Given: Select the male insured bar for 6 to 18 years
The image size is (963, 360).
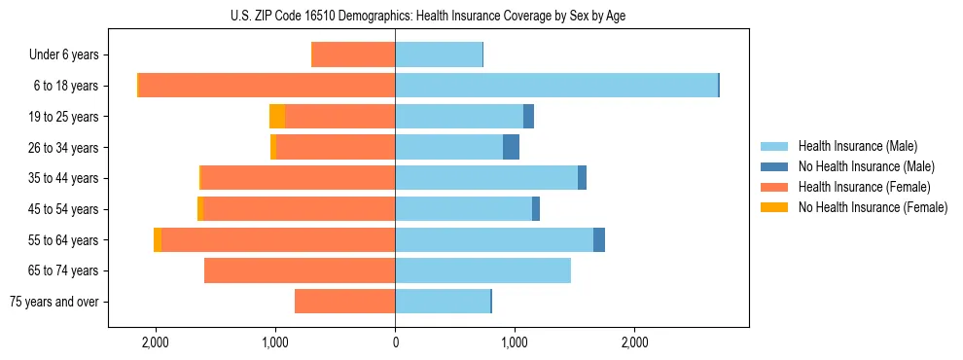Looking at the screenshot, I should tap(556, 86).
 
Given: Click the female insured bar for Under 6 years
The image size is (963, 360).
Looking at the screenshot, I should tap(353, 54).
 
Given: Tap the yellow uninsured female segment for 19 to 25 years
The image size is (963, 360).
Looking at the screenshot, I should tap(277, 117).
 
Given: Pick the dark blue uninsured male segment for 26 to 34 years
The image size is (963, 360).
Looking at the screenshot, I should tap(511, 147).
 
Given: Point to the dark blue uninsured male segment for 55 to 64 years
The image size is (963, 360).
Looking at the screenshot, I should tap(599, 239).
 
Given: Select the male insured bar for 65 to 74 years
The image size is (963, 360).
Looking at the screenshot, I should tap(482, 270).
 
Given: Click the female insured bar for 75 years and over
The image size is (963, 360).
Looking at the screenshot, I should tap(344, 302).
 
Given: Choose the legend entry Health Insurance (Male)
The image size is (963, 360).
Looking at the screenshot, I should tap(857, 146).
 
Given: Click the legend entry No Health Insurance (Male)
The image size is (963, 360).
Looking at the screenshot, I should tap(866, 166).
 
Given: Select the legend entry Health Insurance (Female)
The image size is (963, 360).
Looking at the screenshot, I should tap(864, 187).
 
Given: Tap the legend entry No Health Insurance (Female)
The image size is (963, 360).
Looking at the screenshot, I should tap(873, 207).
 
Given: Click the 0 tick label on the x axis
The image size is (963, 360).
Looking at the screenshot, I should tap(395, 342).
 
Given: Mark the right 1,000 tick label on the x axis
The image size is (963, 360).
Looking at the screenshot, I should tap(515, 342).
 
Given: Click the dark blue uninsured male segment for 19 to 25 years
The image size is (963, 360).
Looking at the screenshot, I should tap(528, 117).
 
